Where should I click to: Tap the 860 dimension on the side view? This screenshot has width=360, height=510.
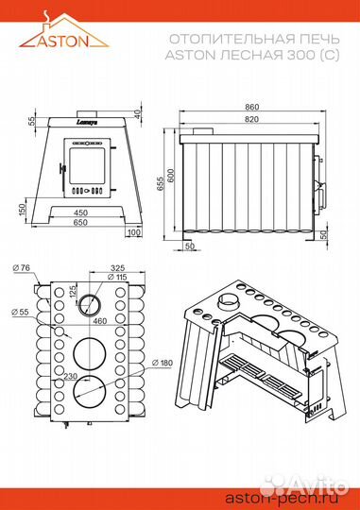(x=251, y=107)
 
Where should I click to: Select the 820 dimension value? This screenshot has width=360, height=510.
(x=251, y=119)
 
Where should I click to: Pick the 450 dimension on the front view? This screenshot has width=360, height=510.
(x=80, y=212)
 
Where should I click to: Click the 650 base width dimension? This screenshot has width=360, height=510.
(x=80, y=222)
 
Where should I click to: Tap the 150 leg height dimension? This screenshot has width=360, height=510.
(x=22, y=211)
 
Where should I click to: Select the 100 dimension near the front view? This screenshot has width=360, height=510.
(x=133, y=232)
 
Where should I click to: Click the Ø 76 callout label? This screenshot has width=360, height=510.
(x=21, y=267)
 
